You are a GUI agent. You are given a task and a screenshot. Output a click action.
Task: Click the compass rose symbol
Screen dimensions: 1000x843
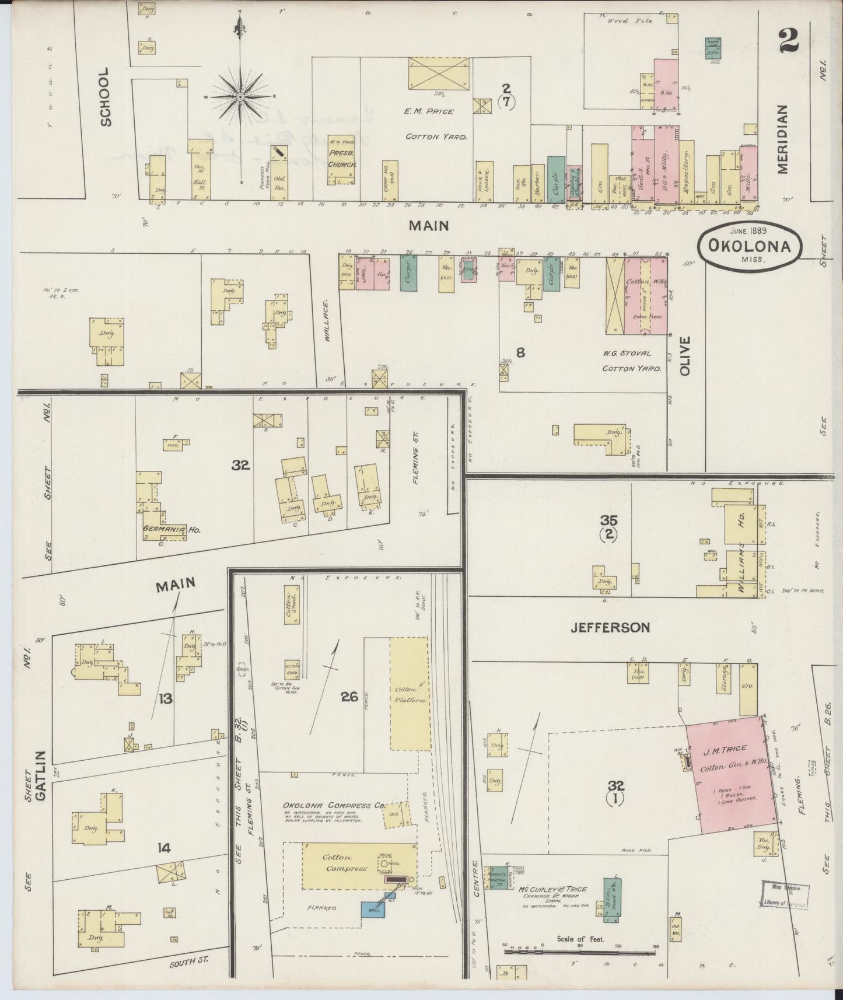pos(240,96)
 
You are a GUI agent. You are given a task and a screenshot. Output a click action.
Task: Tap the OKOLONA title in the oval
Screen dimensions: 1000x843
pos(749,246)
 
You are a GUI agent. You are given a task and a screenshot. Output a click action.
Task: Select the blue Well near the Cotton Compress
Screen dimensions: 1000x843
pos(373,908)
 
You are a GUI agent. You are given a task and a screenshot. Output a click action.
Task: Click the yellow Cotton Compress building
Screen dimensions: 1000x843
pos(358,865)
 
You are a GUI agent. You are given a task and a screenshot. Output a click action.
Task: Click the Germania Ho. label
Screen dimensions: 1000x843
pos(172,530)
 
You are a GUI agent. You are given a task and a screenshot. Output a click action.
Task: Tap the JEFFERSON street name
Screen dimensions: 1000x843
pos(610,628)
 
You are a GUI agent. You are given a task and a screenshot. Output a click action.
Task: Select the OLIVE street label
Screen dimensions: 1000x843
pos(684,355)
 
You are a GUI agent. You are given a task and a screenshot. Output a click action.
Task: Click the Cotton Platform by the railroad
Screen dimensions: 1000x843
pos(409,694)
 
